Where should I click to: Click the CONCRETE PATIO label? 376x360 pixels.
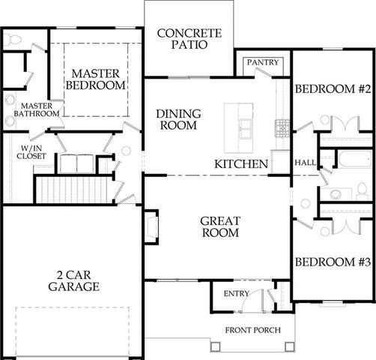tap(189, 38)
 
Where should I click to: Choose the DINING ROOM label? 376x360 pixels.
tap(177, 120)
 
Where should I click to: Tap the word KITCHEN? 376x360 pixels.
tap(241, 163)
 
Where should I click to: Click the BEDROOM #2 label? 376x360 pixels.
tap(333, 88)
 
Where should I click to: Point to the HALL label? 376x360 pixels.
tap(305, 162)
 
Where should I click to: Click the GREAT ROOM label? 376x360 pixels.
tap(219, 226)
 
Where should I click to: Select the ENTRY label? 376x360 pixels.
tap(226, 293)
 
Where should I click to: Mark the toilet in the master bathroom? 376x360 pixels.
tap(11, 41)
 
